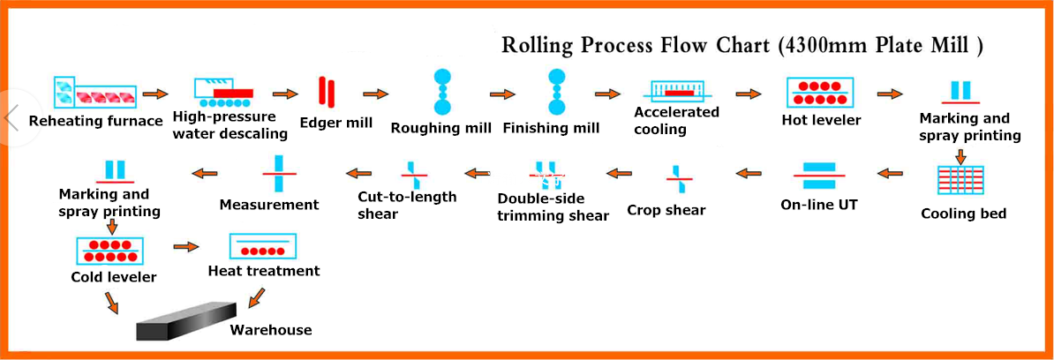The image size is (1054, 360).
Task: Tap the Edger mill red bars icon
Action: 327,92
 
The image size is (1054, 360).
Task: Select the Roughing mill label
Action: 441,128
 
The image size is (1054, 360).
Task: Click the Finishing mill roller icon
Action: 556,92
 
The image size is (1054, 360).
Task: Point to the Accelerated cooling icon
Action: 678,92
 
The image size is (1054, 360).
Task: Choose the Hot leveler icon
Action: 818,92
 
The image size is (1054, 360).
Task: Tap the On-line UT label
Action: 818,204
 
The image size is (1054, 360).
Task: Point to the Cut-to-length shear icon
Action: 414,175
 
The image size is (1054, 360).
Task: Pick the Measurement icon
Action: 279,173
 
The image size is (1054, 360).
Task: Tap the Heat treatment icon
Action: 263,246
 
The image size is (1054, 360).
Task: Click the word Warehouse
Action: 271,330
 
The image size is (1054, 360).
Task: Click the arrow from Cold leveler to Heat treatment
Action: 186,247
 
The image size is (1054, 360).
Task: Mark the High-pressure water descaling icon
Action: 224,92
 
